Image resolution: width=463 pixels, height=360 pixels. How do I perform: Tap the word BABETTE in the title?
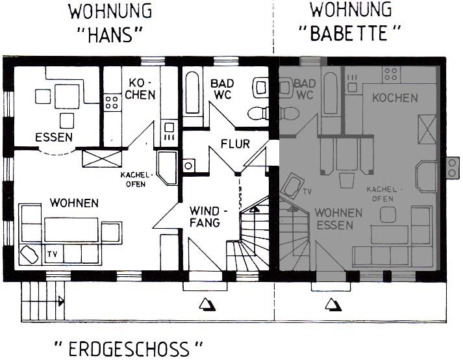349,32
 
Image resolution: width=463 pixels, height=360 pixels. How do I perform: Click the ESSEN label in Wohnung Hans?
54,138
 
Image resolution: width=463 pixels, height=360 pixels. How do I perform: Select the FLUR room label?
235,144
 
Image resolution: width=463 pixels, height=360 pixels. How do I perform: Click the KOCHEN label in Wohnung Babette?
395,98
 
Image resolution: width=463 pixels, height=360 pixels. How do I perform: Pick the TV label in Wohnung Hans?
53,254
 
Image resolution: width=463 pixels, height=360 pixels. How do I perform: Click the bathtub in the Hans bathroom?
192,92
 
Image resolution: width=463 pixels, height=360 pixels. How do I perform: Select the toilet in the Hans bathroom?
258,114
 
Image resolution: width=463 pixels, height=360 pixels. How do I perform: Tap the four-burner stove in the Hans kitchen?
112,102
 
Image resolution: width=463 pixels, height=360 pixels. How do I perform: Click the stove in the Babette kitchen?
392,74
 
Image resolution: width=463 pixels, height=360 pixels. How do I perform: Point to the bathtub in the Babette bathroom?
331,93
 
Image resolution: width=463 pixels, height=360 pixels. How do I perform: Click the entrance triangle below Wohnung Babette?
333,304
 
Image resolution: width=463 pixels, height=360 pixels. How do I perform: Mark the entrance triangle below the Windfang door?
207,304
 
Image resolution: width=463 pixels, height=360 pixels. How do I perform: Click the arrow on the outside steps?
61,302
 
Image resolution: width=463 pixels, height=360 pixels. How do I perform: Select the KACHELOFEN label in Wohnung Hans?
137,179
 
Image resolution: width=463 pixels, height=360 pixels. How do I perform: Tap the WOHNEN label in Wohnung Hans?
74,203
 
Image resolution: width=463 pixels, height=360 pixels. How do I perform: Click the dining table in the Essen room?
67,96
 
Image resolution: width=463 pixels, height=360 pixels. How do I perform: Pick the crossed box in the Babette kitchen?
427,129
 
